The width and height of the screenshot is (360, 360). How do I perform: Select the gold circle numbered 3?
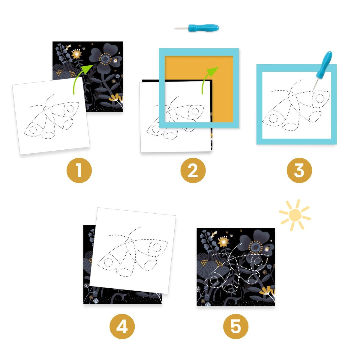(299, 170)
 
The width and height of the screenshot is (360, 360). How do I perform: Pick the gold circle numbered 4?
(122, 326)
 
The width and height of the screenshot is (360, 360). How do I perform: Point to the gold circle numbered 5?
(236, 326)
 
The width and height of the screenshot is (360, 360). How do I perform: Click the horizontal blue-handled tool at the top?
(202, 28)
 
